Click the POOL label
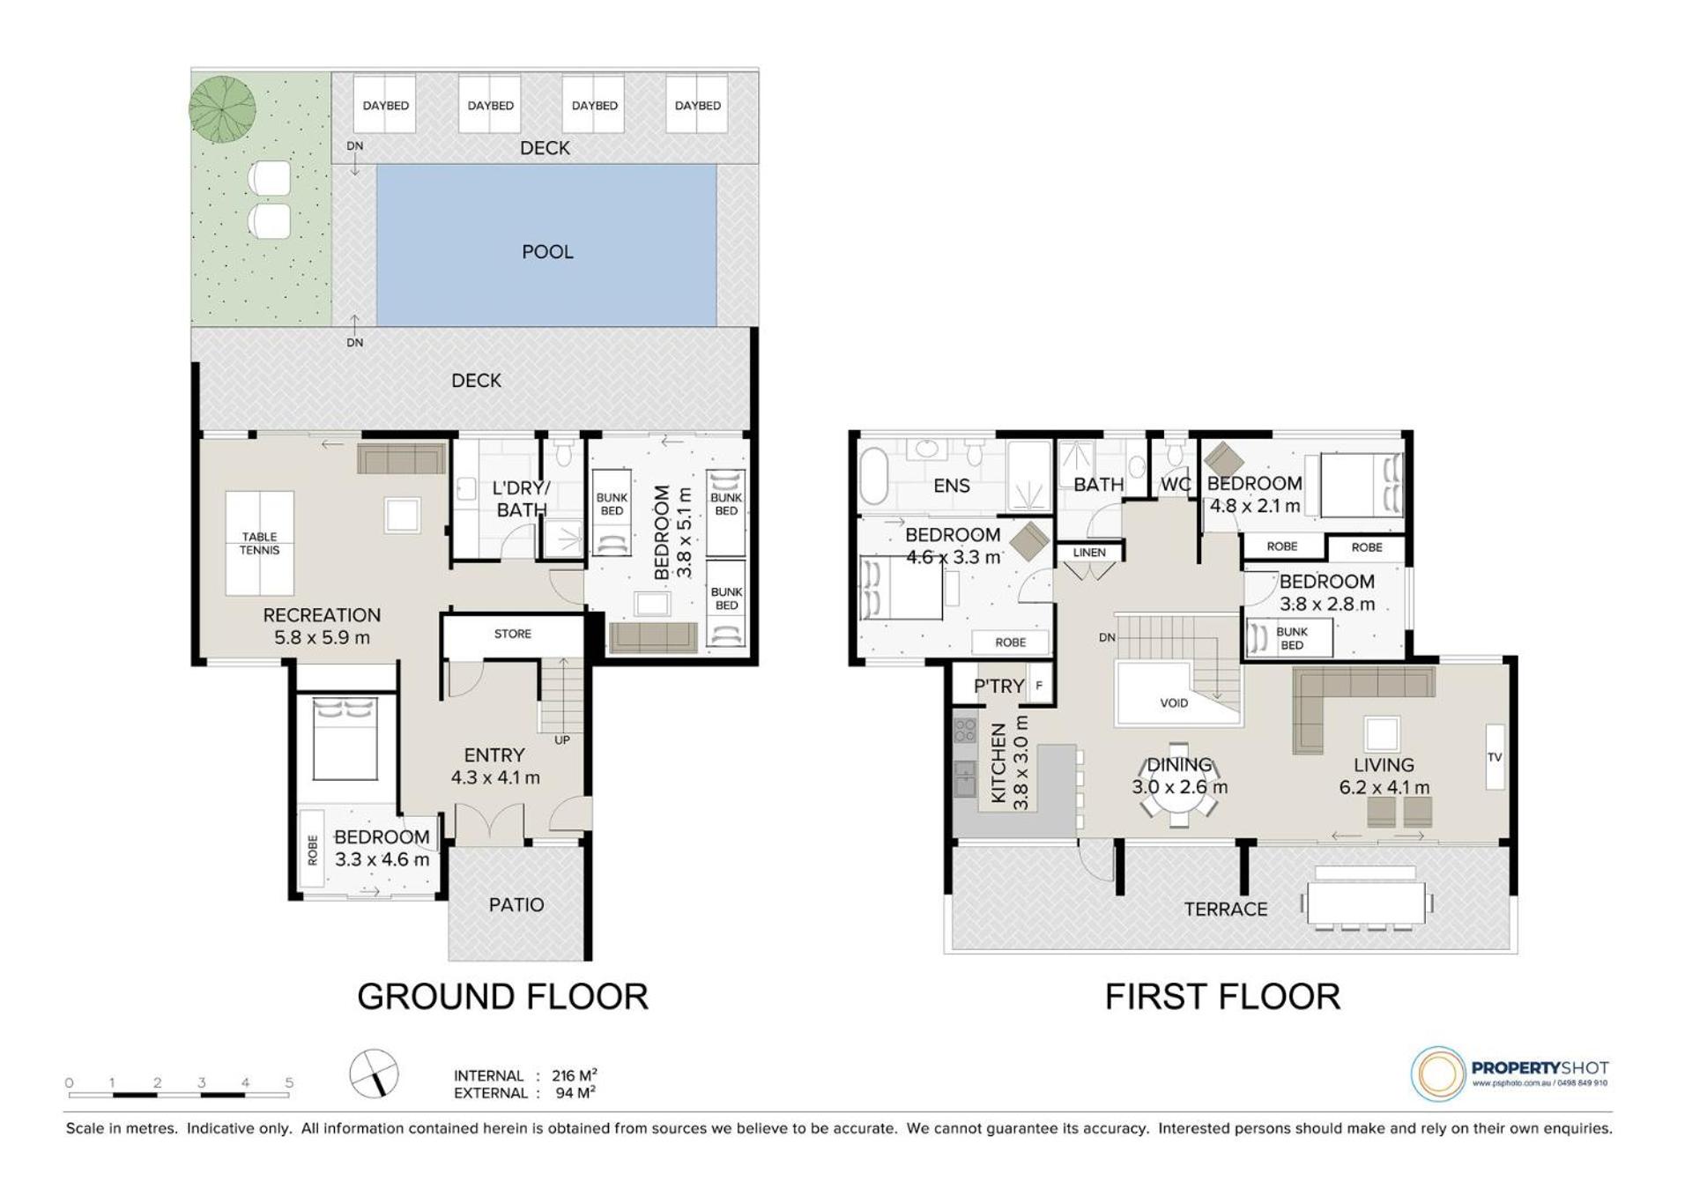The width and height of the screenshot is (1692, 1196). point(547,252)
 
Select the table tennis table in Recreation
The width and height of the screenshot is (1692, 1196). point(260,543)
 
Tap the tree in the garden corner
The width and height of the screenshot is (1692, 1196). point(223,109)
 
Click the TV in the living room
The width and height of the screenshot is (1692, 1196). point(1495,756)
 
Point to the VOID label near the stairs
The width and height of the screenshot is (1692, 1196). point(1174,702)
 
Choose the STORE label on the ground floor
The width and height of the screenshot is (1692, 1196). point(513,634)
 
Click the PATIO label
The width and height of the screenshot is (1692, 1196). point(516,904)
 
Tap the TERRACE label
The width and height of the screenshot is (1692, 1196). point(1226,909)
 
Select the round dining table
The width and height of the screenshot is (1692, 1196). point(1180,786)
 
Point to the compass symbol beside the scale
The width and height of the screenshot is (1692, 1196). point(374,1074)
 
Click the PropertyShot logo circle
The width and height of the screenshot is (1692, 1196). point(1438,1073)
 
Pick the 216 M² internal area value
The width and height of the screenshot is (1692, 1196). point(575,1075)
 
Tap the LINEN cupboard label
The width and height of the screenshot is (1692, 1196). point(1089,553)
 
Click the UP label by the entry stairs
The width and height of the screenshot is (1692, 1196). point(562,739)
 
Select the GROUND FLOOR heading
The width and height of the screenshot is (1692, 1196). point(502,997)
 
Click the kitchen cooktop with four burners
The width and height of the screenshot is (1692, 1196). point(965,730)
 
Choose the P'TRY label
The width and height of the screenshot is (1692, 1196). point(998,686)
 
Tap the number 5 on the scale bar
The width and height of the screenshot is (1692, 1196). point(289,1082)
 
